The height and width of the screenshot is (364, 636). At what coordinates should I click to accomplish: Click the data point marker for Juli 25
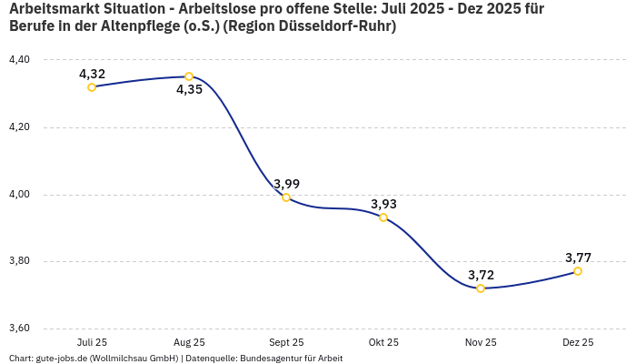(x=92, y=87)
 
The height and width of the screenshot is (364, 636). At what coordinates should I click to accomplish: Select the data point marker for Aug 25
(x=189, y=76)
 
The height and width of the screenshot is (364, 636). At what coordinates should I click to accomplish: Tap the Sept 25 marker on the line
(x=286, y=197)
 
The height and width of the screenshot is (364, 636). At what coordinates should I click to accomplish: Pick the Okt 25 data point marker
(x=383, y=217)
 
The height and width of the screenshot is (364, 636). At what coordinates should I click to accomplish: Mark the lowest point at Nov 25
(x=481, y=288)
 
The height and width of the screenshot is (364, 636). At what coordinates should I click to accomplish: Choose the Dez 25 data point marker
(x=578, y=271)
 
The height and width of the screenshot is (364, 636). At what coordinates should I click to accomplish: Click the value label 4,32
(x=92, y=74)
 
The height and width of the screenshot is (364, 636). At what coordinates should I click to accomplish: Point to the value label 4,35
(x=189, y=90)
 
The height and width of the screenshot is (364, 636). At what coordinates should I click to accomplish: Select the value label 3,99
(x=286, y=184)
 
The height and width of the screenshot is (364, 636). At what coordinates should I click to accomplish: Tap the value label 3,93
(x=383, y=204)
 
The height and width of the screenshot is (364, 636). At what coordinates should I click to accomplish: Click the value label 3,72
(x=481, y=275)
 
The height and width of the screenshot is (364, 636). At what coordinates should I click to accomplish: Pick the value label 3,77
(x=578, y=258)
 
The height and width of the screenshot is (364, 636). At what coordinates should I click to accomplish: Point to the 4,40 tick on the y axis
(x=19, y=60)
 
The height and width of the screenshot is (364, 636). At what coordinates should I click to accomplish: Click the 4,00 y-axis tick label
(x=19, y=195)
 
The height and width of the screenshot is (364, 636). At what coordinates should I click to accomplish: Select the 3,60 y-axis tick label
(x=19, y=329)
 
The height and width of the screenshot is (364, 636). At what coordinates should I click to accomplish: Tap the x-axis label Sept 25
(x=286, y=343)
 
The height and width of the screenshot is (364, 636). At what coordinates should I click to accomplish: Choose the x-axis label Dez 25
(x=578, y=343)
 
